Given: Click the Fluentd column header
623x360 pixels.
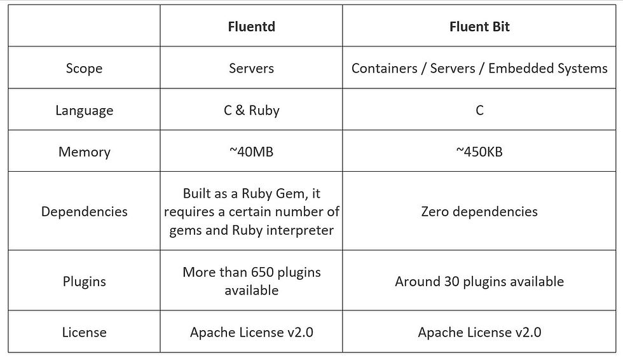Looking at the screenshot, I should (251, 27).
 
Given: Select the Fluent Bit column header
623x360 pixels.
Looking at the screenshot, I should (479, 27).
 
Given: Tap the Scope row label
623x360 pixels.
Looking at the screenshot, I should (84, 68).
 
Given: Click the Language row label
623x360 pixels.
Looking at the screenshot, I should (84, 110).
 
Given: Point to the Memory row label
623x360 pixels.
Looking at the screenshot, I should (84, 152).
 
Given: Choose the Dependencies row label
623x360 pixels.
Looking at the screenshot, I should (84, 211).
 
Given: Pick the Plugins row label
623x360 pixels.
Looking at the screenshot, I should (84, 281).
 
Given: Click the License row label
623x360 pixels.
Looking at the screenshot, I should (84, 332).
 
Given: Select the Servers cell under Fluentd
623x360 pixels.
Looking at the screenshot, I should (251, 68).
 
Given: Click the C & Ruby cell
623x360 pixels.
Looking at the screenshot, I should (251, 110).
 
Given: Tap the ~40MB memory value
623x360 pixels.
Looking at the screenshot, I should (251, 152).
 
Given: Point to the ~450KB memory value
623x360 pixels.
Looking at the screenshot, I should (479, 152).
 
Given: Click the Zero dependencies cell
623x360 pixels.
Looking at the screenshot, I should (479, 211).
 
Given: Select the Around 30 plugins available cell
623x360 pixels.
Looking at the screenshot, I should (479, 281).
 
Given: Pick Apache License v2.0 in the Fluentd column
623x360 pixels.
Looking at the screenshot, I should (251, 332).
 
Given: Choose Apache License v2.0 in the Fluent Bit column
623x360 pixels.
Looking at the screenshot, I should (479, 332).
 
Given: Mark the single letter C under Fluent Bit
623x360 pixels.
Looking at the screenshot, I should (479, 110).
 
